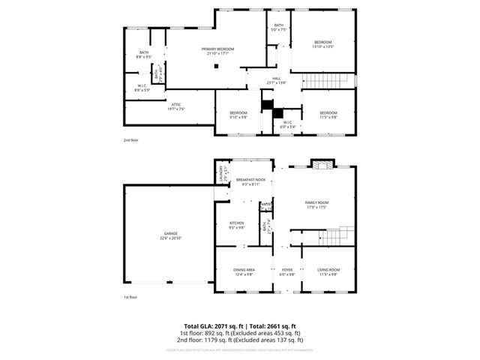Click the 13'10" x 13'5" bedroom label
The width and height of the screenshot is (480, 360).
click(x=322, y=43)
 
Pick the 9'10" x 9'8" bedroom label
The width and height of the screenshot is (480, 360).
click(x=238, y=115)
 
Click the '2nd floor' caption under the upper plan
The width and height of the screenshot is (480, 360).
click(x=131, y=139)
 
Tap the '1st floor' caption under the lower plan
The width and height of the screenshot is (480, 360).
click(x=131, y=298)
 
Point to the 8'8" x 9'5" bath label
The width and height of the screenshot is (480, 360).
click(x=144, y=54)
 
